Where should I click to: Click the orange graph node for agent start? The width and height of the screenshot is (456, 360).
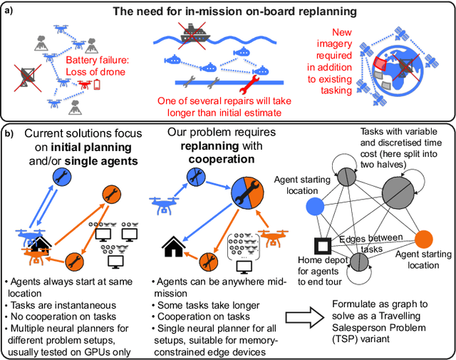424,239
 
